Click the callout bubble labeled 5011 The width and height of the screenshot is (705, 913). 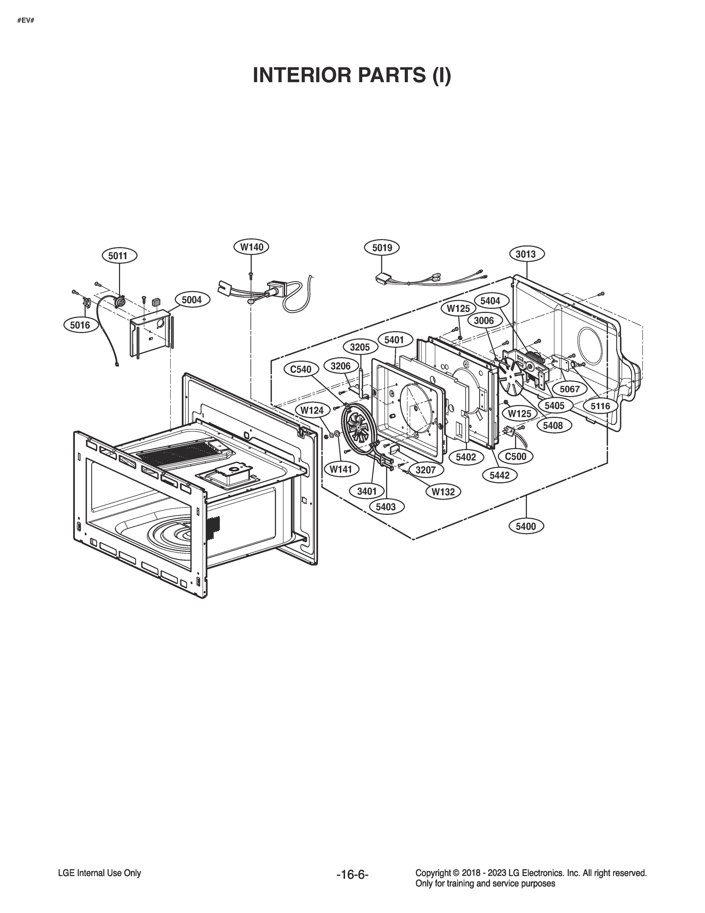118,255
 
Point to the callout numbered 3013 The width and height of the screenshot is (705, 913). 525,254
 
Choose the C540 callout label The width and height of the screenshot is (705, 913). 301,369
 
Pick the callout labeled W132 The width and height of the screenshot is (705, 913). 443,491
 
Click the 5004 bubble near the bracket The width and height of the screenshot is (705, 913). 192,300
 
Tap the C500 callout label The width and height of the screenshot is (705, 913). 515,456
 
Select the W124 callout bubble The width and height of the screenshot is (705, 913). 312,410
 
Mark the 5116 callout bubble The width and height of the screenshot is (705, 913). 600,406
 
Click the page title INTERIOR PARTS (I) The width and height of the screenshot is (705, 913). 352,75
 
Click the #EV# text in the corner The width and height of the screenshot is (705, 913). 25,20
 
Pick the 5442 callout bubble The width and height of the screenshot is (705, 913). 499,475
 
